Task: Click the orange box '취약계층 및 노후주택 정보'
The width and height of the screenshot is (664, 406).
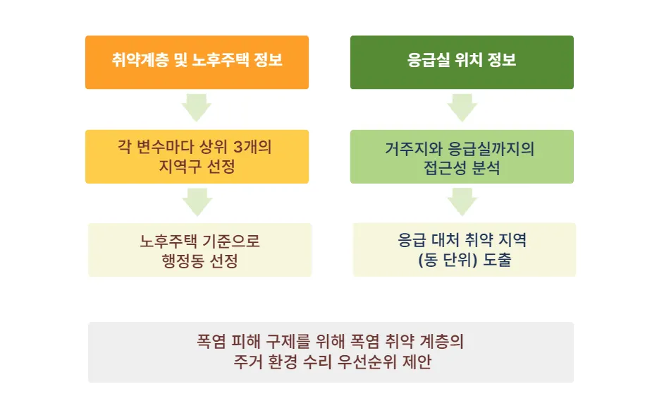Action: click(x=197, y=62)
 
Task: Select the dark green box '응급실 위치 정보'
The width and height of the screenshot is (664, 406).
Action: click(x=462, y=62)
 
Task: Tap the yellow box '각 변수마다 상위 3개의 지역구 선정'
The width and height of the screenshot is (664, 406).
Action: click(x=197, y=157)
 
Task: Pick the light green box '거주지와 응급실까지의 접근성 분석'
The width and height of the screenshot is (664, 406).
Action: click(x=462, y=157)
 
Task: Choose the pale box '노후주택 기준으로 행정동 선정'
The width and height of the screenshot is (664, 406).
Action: click(x=199, y=250)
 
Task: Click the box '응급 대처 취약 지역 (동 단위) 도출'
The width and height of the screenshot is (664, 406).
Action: click(x=464, y=250)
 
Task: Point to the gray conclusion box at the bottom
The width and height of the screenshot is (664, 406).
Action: click(x=331, y=352)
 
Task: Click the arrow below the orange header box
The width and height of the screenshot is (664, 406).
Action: click(x=197, y=107)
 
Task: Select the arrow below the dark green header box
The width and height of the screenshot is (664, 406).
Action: click(x=462, y=107)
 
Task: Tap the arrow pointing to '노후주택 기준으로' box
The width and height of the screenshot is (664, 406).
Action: click(x=197, y=203)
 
